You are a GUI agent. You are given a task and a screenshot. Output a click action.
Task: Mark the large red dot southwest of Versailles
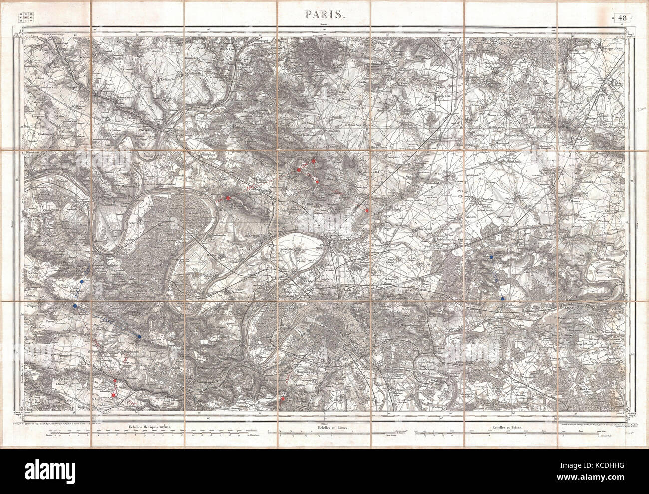(x=114, y=395)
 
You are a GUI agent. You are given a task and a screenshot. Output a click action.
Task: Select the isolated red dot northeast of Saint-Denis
(x=367, y=211)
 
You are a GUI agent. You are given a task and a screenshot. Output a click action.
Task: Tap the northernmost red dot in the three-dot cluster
(x=313, y=161)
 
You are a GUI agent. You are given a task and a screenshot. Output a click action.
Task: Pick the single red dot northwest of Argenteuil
(x=228, y=198)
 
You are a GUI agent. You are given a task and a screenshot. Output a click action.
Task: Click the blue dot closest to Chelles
(x=502, y=299)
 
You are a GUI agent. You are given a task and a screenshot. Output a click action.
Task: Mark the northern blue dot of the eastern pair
(x=492, y=257)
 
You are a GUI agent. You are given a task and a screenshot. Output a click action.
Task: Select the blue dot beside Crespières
(x=75, y=305)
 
